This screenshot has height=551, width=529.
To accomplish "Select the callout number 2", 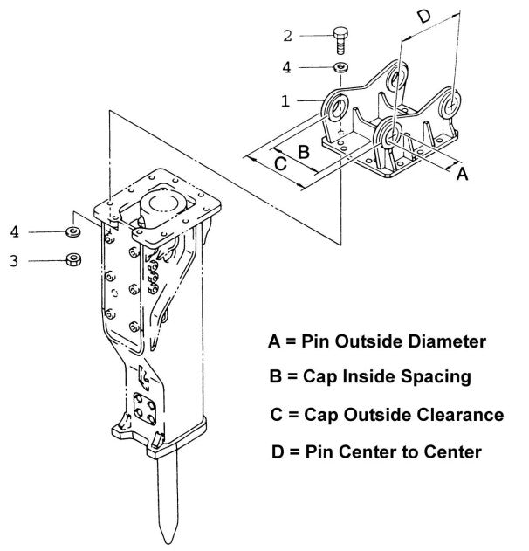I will [287, 36].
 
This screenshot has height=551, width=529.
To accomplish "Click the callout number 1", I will [285, 101].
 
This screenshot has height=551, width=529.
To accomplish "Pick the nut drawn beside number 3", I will [74, 259].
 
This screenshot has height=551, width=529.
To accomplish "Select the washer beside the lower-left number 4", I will [73, 232].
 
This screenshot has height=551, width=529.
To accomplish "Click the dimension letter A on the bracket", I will [463, 175].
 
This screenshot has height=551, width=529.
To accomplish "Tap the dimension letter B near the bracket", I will [303, 151].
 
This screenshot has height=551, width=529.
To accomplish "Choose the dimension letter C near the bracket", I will [279, 163].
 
